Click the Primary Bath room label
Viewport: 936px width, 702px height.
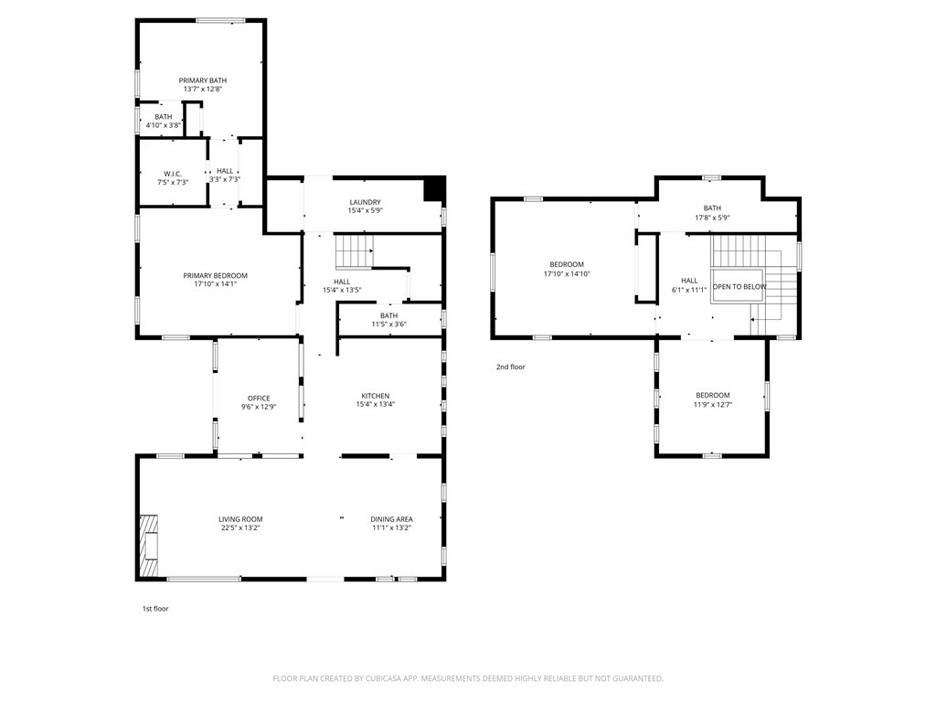coord(203,80)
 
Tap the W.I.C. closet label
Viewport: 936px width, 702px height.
coord(173,174)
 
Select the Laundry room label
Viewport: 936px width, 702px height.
coord(365,202)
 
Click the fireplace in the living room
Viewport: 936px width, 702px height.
coord(150,546)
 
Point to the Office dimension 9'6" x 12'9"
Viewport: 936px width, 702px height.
coord(259,407)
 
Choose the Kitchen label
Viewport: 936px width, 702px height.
coord(376,396)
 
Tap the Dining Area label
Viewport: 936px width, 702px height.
coord(391,519)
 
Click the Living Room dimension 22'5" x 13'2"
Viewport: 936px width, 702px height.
coord(240,527)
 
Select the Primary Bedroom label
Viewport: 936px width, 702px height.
coord(215,276)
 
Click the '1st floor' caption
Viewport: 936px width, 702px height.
coord(155,609)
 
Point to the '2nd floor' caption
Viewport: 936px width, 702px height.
coord(511,367)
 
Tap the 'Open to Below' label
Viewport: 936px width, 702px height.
coord(739,286)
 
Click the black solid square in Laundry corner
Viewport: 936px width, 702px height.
coord(434,189)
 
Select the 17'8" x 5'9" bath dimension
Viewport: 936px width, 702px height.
coord(712,218)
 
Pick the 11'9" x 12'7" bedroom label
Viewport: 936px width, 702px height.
coord(713,395)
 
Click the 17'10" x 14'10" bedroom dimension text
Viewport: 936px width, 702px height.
coord(567,274)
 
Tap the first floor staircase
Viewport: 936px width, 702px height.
coord(354,250)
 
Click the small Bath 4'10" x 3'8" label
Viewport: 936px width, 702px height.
coord(163,117)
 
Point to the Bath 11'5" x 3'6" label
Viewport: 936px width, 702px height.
coord(388,315)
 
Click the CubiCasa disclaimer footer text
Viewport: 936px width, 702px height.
coord(468,679)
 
